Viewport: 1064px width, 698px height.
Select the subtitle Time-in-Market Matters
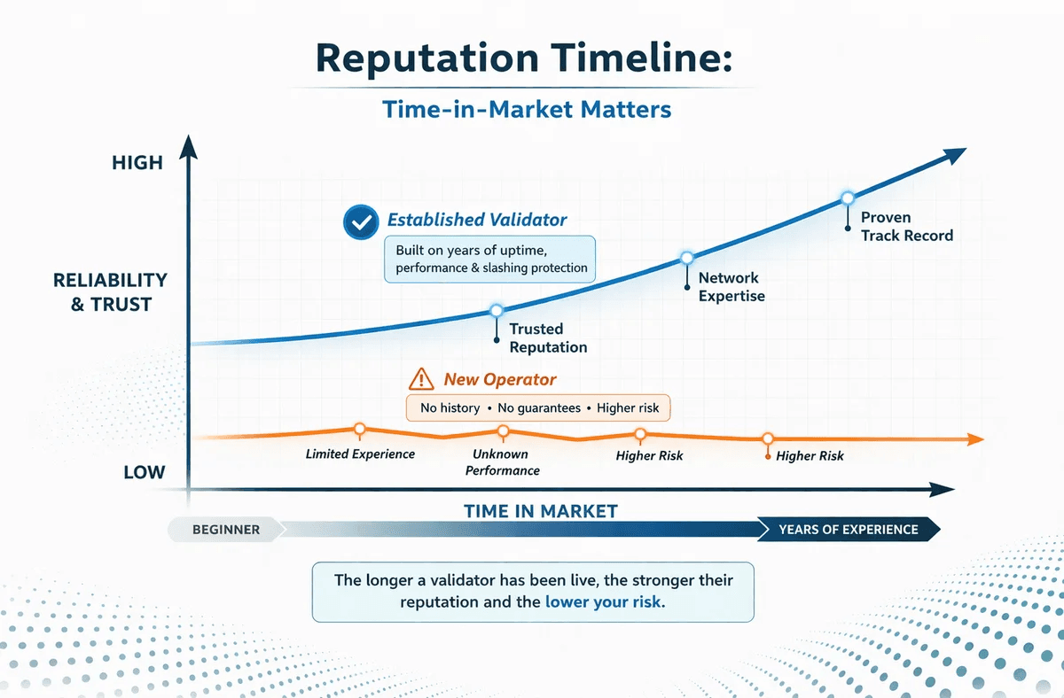click(x=527, y=109)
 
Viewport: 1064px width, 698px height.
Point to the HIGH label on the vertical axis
click(x=137, y=163)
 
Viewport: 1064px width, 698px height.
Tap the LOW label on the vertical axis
click(x=145, y=471)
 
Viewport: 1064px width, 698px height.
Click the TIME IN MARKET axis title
click(x=540, y=510)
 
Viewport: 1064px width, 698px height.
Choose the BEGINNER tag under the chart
click(x=226, y=530)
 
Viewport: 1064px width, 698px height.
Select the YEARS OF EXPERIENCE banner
click(x=848, y=530)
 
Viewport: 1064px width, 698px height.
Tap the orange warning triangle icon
click(x=420, y=380)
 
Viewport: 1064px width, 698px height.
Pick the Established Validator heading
click(x=477, y=220)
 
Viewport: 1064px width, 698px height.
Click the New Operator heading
click(x=500, y=380)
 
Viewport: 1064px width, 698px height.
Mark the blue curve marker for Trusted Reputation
click(x=496, y=310)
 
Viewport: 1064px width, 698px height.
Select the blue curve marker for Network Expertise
click(x=685, y=258)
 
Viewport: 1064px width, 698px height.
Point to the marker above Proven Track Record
click(x=847, y=198)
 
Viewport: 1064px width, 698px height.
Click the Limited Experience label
click(x=360, y=454)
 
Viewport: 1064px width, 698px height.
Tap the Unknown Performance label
click(x=503, y=462)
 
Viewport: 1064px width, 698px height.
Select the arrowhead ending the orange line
click(x=974, y=439)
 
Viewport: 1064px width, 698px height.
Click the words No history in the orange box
click(x=450, y=408)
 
